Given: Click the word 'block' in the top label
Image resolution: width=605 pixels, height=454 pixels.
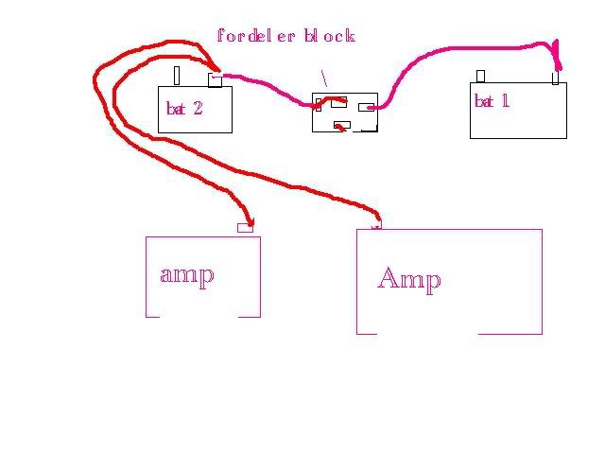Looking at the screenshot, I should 329,37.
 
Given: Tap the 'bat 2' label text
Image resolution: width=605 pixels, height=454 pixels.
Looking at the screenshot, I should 184,108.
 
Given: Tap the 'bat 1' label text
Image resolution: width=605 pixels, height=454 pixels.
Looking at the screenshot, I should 492,101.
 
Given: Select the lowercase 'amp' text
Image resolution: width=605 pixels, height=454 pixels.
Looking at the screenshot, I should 187,274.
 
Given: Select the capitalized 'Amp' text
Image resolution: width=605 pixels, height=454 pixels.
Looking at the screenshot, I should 408,279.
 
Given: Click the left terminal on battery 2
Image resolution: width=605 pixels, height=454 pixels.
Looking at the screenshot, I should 177,76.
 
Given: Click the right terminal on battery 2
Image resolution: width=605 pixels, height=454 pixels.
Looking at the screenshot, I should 215,80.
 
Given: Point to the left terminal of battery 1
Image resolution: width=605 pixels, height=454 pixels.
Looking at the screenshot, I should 480,76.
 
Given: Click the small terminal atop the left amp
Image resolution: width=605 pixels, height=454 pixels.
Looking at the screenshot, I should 245,227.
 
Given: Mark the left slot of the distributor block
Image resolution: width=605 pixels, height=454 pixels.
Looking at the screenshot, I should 319,104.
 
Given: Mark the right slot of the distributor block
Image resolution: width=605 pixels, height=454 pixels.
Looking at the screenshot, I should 367,107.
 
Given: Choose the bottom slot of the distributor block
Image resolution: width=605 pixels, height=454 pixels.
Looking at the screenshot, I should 343,125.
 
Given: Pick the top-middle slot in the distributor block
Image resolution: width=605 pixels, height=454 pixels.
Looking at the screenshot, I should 338,100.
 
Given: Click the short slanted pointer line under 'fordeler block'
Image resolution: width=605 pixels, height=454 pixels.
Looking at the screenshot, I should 323,79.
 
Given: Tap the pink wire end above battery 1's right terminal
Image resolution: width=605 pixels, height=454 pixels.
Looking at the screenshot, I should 557,52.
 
